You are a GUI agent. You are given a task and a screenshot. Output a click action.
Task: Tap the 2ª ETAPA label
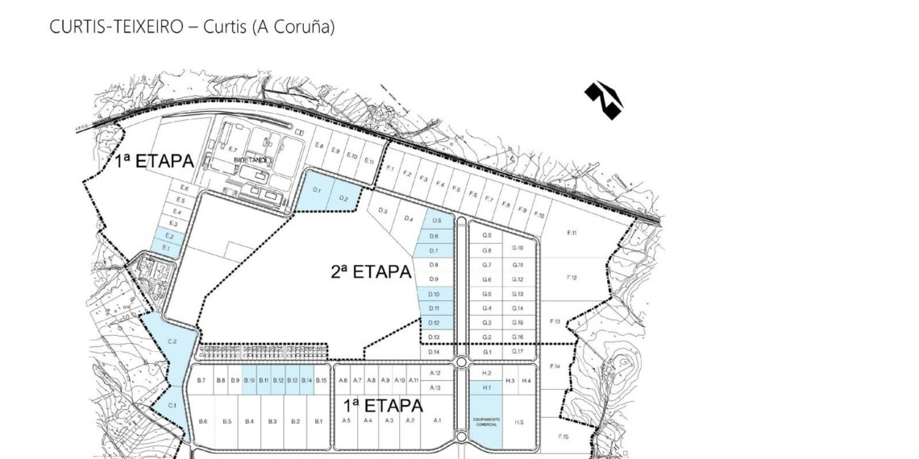coord(371,271)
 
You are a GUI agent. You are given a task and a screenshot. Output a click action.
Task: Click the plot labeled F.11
coord(572,234)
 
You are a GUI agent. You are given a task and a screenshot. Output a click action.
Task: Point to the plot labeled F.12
coord(572,278)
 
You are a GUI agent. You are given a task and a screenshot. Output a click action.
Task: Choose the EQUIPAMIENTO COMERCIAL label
coord(486,422)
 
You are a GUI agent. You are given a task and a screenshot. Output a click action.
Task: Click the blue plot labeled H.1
coord(486,388)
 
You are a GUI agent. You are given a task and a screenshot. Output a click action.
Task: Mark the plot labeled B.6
coord(203,421)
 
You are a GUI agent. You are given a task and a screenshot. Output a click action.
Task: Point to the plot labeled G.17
coord(518,352)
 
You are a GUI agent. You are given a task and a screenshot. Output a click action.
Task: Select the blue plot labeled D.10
coord(435,294)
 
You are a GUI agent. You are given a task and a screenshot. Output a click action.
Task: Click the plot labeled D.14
coord(435,352)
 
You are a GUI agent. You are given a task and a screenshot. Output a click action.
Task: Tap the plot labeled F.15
coord(563,436)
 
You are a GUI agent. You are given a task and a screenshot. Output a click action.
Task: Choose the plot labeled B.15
coord(321,380)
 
